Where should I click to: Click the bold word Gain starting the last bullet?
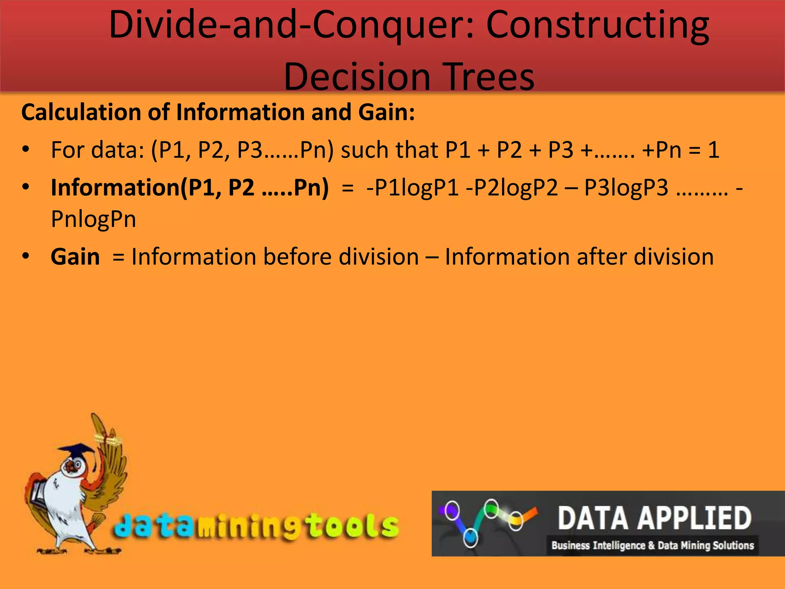pos(75,257)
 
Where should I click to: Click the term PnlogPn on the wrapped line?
pos(94,219)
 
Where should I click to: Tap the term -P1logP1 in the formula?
pos(412,188)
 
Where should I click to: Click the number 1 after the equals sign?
pos(713,150)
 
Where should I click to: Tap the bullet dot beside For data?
pos(26,150)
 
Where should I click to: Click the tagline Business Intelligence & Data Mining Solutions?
pos(652,545)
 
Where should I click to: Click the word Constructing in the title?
pos(598,26)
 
